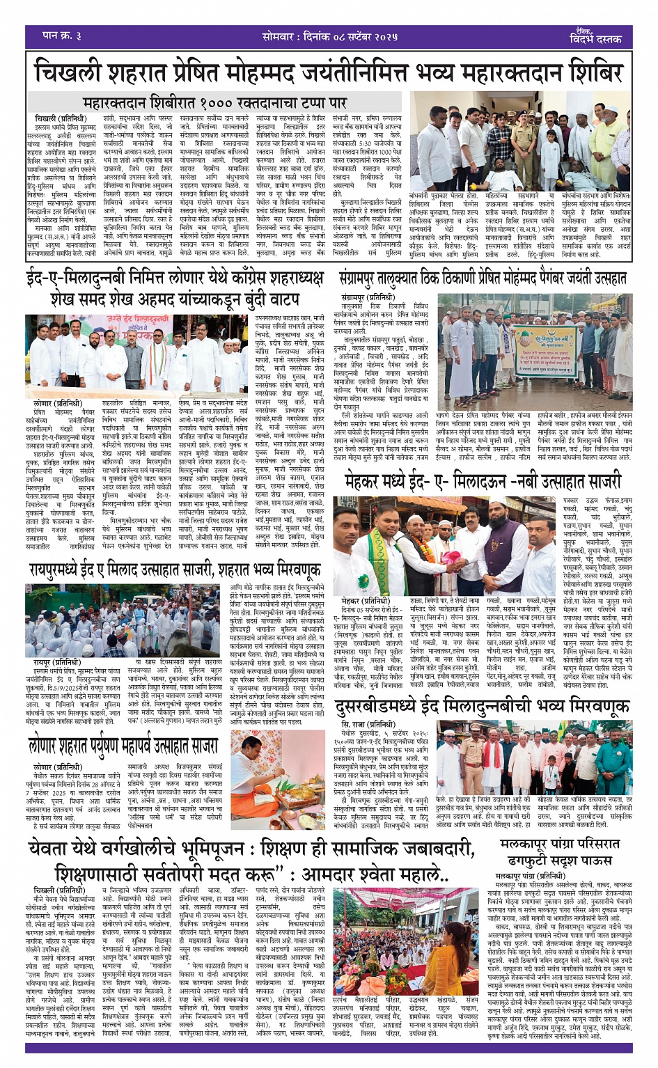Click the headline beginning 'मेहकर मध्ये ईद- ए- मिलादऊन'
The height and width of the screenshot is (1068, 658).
pos(482,481)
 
